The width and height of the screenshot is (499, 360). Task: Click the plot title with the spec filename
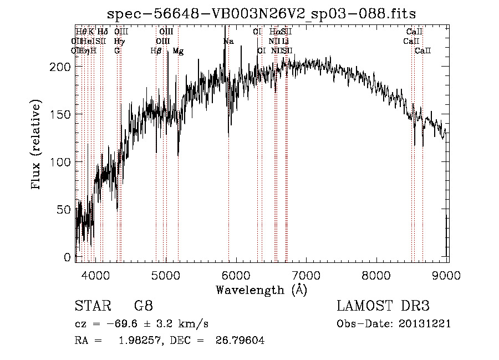click(261, 13)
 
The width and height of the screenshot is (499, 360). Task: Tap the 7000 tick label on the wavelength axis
click(307, 275)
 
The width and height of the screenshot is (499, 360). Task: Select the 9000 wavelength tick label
click(447, 275)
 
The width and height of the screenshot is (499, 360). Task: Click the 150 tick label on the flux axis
click(62, 114)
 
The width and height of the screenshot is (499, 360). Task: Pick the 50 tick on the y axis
click(65, 210)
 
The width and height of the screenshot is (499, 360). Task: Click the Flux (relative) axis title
click(37, 145)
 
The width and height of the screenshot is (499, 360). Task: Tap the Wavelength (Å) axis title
click(261, 290)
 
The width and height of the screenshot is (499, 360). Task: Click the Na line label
click(228, 42)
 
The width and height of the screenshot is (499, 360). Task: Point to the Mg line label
click(178, 51)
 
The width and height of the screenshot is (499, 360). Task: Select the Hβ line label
click(156, 51)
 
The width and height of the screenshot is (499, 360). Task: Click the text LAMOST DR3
click(383, 306)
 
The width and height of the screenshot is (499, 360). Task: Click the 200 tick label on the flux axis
click(62, 67)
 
